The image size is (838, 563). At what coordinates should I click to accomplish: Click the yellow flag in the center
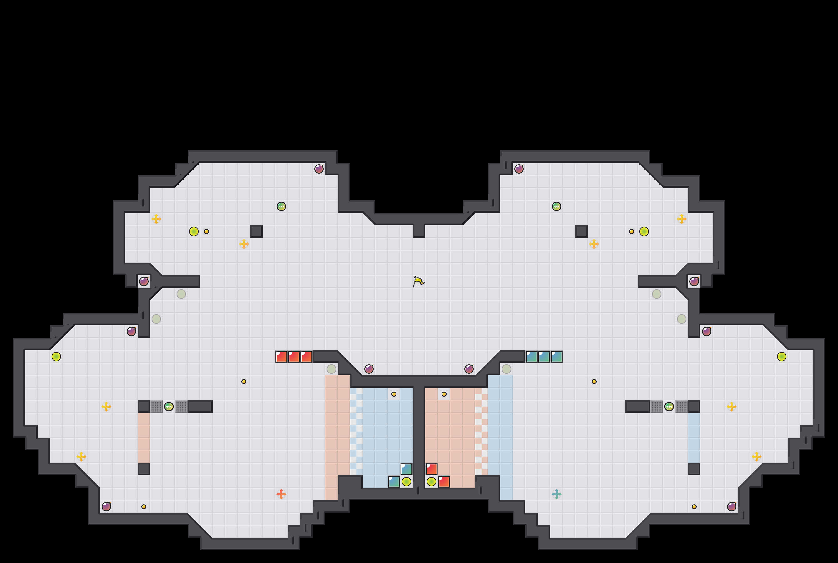pyautogui.click(x=418, y=281)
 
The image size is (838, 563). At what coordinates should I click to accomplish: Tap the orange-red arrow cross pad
pyautogui.click(x=281, y=494)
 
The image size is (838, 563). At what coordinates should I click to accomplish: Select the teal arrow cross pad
pyautogui.click(x=556, y=494)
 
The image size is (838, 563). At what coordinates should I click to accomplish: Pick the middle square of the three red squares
pyautogui.click(x=294, y=357)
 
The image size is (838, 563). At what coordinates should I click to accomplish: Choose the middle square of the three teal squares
pyautogui.click(x=544, y=357)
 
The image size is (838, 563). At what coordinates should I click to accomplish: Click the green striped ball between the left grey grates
pyautogui.click(x=169, y=406)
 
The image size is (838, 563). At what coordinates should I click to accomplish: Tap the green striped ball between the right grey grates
pyautogui.click(x=669, y=406)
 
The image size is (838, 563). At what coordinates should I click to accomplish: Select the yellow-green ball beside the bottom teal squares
pyautogui.click(x=406, y=481)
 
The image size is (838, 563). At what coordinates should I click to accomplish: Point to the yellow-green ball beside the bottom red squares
pyautogui.click(x=432, y=481)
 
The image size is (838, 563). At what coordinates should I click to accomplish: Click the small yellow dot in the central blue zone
pyautogui.click(x=394, y=394)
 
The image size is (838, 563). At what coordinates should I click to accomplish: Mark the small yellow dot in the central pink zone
pyautogui.click(x=444, y=394)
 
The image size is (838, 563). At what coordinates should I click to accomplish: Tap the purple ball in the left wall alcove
pyautogui.click(x=144, y=281)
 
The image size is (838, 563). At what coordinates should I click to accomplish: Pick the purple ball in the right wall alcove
pyautogui.click(x=694, y=281)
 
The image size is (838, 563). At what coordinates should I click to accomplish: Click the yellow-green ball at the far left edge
pyautogui.click(x=56, y=357)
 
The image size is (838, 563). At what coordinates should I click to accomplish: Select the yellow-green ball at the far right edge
pyautogui.click(x=782, y=357)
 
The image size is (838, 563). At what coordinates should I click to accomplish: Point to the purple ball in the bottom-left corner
pyautogui.click(x=106, y=507)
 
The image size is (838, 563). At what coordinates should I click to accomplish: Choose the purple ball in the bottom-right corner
pyautogui.click(x=731, y=507)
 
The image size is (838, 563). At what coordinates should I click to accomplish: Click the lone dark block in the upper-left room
pyautogui.click(x=256, y=231)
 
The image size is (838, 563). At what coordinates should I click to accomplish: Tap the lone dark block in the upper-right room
pyautogui.click(x=581, y=231)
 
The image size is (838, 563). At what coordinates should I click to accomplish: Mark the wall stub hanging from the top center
pyautogui.click(x=419, y=231)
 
